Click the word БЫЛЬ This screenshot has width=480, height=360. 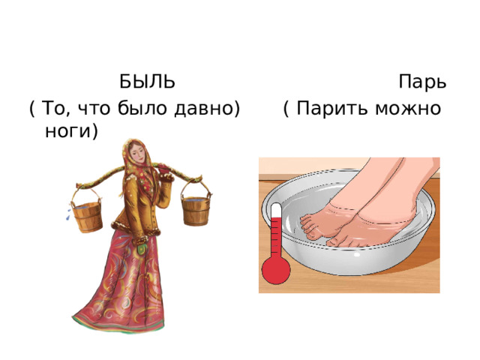147,80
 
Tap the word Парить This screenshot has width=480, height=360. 328,109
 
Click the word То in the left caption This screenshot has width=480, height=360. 56,109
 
